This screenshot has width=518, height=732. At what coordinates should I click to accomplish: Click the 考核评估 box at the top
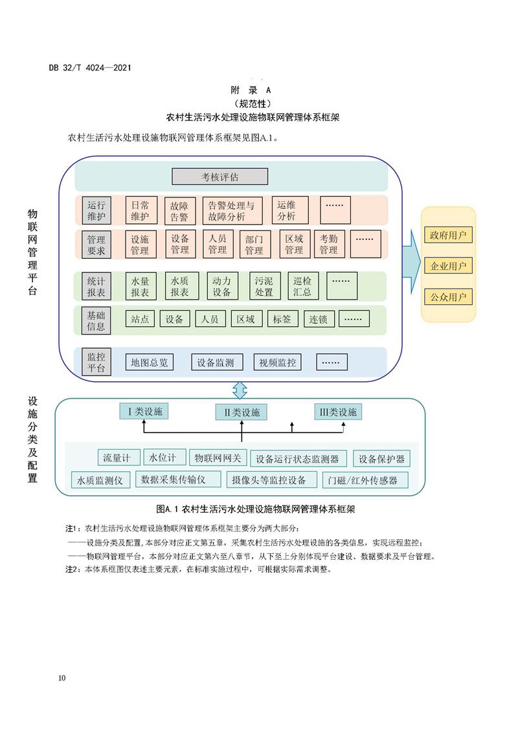point(220,176)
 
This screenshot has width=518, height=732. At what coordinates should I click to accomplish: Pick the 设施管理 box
point(140,244)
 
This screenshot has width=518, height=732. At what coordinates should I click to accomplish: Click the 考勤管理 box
point(328,244)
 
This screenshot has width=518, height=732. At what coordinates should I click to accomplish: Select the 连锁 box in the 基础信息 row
point(319,319)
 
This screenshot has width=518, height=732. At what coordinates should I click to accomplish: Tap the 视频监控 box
point(278,362)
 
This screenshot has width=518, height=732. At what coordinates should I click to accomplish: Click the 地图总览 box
point(150,362)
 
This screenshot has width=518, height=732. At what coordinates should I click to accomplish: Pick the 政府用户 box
point(448,234)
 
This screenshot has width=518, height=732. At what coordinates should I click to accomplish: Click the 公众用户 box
point(448,298)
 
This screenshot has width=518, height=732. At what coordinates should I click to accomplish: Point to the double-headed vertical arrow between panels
point(240,390)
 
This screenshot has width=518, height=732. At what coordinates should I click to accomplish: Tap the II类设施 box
point(242,412)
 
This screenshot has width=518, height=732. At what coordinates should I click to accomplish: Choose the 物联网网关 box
point(218,458)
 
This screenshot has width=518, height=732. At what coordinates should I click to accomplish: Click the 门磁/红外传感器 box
point(367,480)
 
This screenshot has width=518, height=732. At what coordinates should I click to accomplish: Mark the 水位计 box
point(164,458)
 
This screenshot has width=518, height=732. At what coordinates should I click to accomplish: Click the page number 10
point(62,678)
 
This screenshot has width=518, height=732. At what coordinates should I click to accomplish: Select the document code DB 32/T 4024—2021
point(91,67)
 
